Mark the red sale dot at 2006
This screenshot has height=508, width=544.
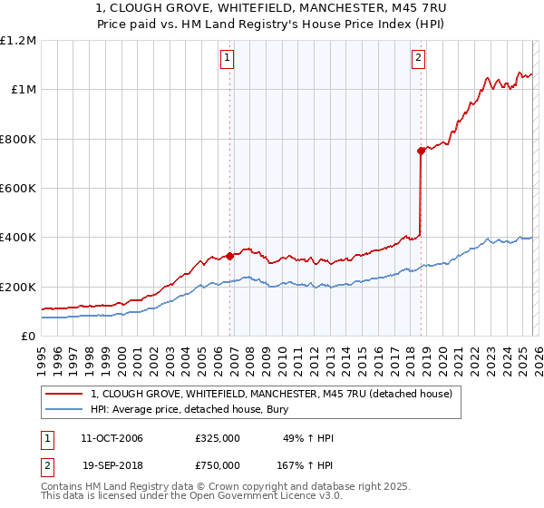(x=229, y=256)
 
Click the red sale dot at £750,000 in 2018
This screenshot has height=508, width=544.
(x=421, y=151)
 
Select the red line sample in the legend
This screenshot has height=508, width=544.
(x=64, y=394)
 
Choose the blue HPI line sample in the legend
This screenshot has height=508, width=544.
(x=64, y=409)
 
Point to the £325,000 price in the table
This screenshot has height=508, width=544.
(x=218, y=438)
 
